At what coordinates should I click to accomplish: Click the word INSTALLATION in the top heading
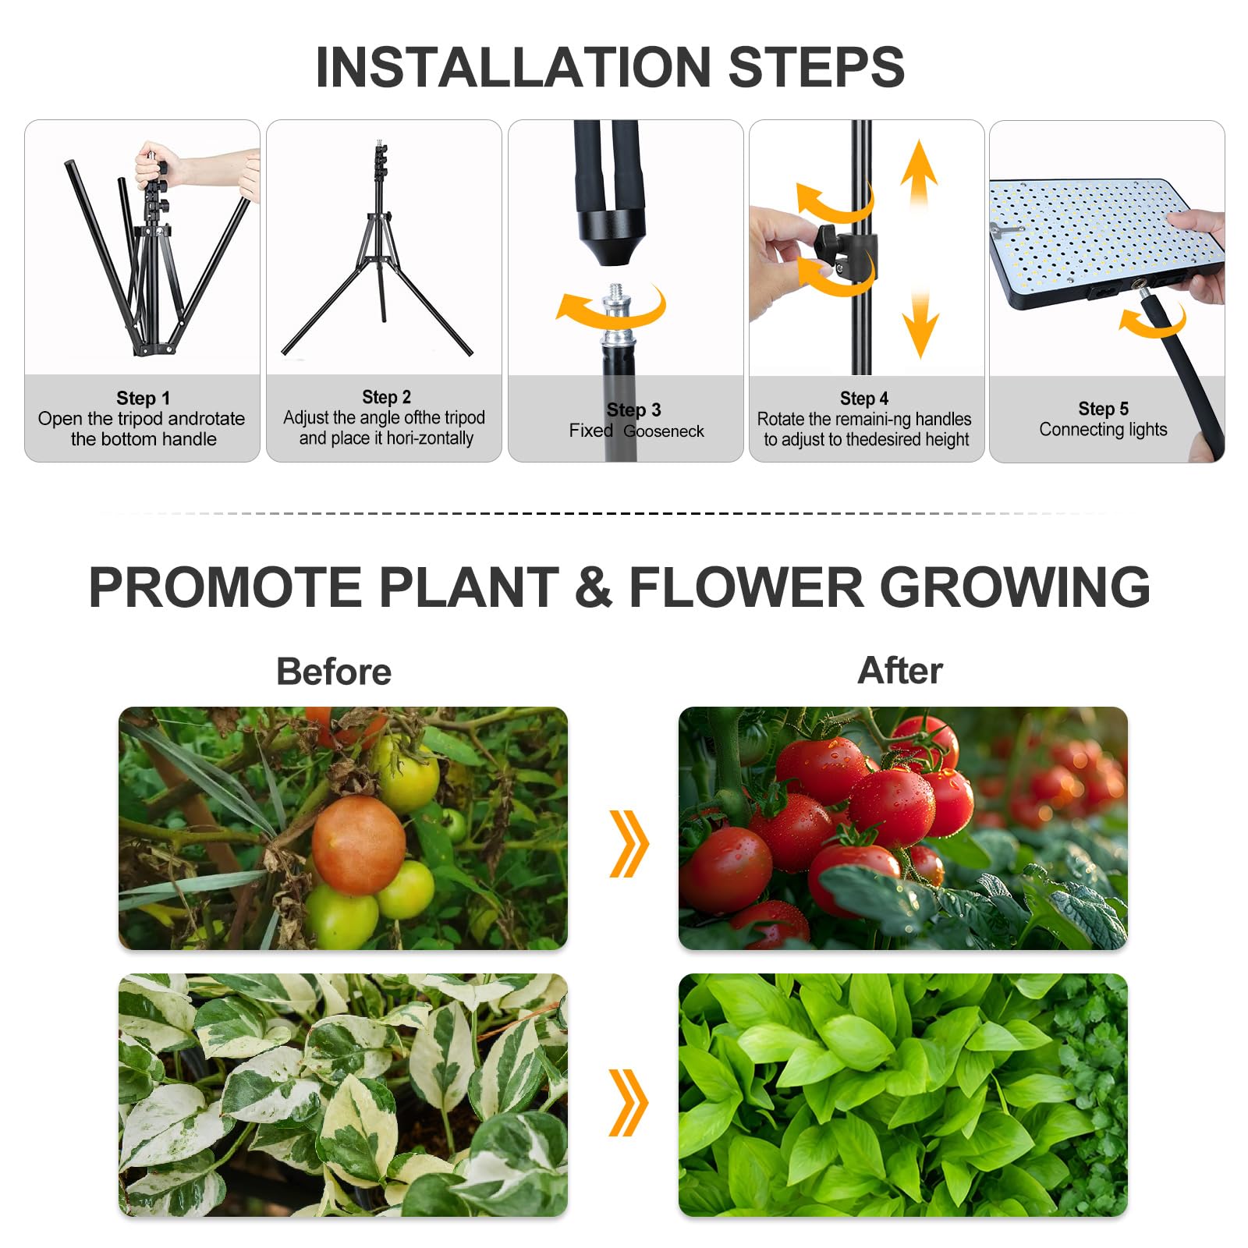[x=514, y=67]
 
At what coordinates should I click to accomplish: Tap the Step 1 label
[x=143, y=399]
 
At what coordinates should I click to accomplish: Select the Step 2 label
[x=386, y=398]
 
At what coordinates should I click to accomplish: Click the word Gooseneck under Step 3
[x=664, y=431]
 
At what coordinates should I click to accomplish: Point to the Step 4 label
[x=864, y=399]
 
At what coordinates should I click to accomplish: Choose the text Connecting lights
[x=1103, y=430]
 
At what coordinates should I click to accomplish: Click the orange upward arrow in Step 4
[x=919, y=179]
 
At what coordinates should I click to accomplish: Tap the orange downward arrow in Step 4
[x=920, y=320]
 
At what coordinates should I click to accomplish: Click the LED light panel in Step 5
[x=1104, y=243]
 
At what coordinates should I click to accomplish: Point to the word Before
[x=334, y=672]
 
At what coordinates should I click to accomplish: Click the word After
[x=900, y=670]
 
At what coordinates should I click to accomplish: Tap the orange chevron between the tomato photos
[x=629, y=843]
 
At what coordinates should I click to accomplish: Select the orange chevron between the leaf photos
[x=629, y=1102]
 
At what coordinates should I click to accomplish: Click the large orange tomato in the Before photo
[x=359, y=845]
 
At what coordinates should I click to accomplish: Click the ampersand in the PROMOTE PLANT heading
[x=594, y=587]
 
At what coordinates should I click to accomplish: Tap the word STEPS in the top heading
[x=817, y=67]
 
